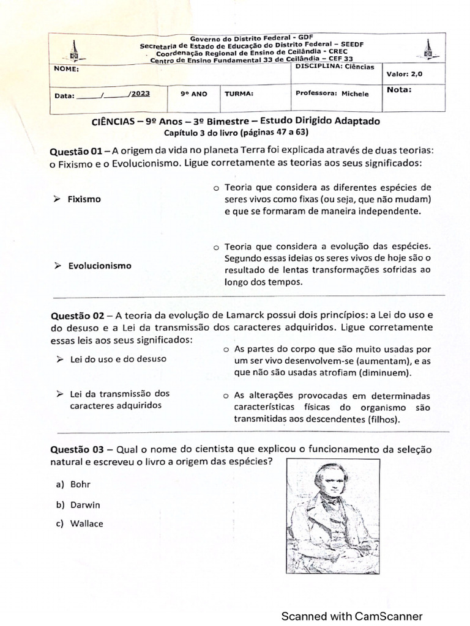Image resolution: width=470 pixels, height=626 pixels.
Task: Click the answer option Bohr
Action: pos(80,484)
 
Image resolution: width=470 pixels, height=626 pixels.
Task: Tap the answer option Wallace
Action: pos(86,523)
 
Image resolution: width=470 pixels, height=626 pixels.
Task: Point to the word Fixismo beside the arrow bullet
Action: pos(84,199)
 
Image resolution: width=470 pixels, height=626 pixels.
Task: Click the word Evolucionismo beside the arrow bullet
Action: pos(99,266)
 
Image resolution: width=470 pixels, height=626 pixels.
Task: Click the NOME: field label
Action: pos(67,69)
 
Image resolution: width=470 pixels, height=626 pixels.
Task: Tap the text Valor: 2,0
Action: pos(404,74)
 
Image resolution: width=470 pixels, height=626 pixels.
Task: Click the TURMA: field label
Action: pos(239,94)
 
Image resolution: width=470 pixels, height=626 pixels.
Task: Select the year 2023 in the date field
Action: pos(140,94)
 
